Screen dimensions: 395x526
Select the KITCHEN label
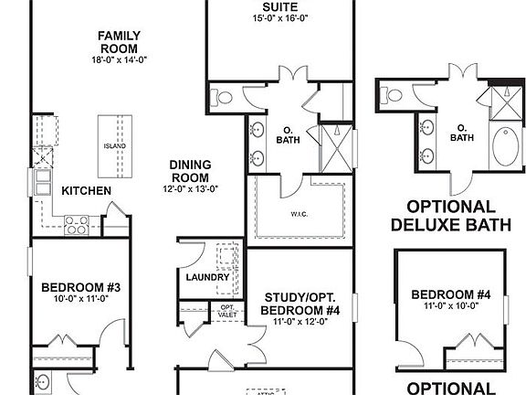87,191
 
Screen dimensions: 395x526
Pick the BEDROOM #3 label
80,286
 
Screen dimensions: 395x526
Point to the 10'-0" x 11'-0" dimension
80,298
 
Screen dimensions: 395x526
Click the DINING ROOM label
190,171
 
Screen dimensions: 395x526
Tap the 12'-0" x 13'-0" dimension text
190,188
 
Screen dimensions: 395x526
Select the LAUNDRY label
206,276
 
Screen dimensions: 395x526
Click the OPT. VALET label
227,311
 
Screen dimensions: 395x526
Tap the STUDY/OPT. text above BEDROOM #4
299,297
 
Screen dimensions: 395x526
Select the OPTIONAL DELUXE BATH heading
451,215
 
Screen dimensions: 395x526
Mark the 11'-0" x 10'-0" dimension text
451,306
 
